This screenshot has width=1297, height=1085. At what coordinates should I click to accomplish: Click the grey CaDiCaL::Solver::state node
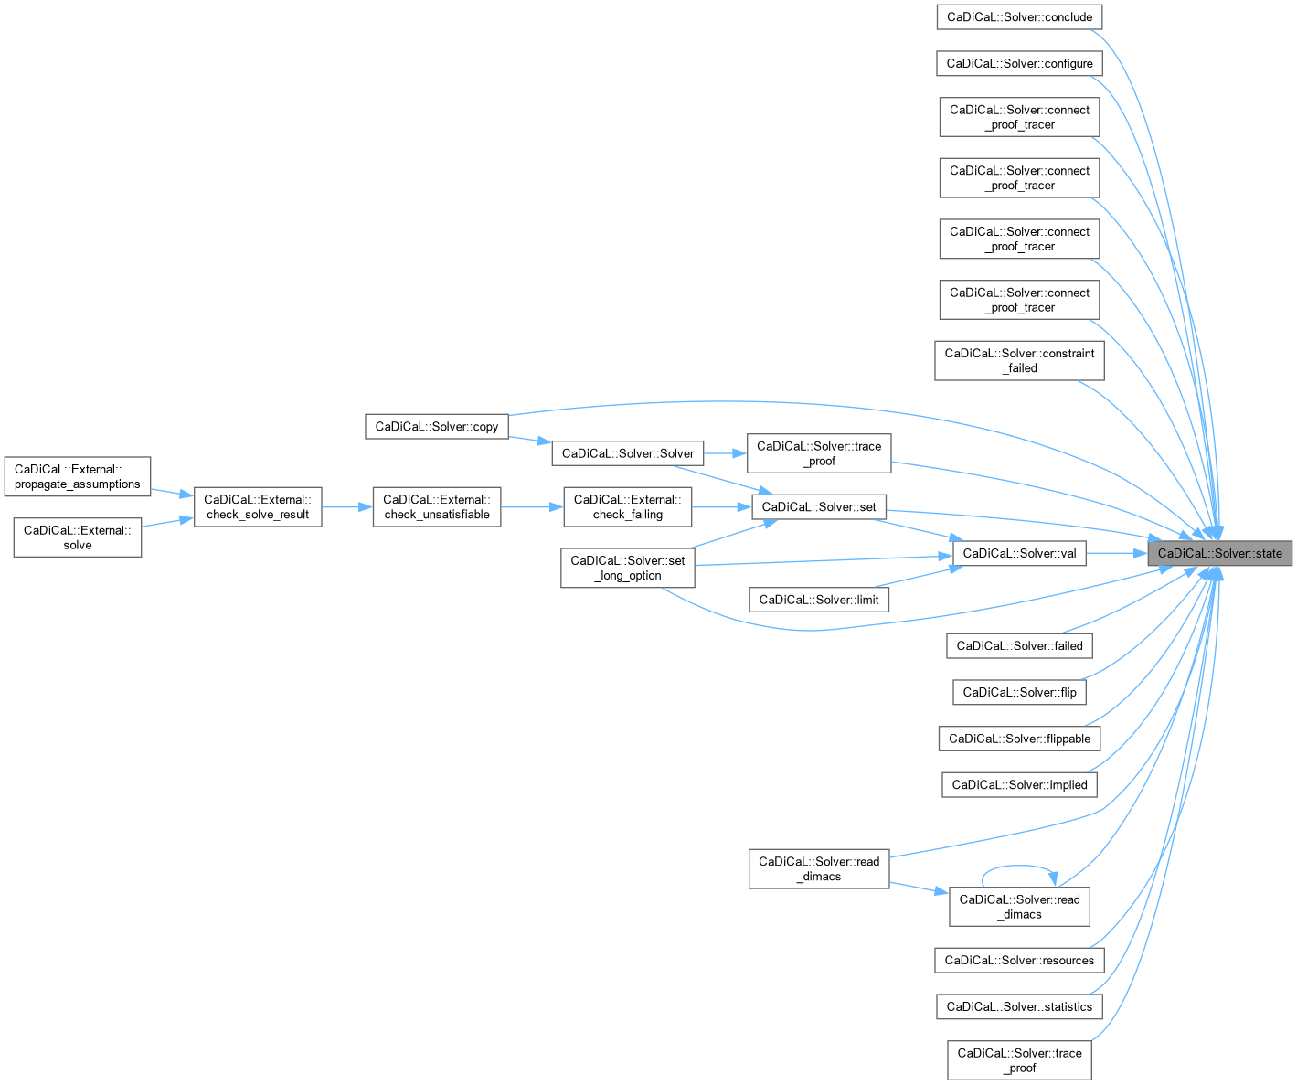pos(1220,553)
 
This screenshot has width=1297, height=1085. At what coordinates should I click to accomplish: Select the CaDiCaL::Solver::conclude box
pos(1019,17)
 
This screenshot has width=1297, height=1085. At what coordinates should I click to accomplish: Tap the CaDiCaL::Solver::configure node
pos(1019,63)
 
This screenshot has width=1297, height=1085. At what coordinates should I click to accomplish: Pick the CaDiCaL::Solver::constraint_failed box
pos(1019,360)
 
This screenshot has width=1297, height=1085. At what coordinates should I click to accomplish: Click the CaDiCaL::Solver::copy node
pos(437,426)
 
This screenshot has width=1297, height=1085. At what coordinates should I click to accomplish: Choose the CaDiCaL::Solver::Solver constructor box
pos(628,453)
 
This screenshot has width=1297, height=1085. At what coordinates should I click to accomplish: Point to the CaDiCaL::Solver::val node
pos(1019,553)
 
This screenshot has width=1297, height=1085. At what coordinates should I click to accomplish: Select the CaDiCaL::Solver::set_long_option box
pos(627,568)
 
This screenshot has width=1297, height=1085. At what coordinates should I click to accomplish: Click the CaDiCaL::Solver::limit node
pos(818,600)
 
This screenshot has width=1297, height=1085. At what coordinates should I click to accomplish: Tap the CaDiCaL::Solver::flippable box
pos(1019,739)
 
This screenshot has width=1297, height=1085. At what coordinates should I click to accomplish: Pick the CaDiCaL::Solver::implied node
pos(1019,784)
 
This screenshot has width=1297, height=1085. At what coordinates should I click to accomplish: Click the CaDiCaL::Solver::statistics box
pos(1019,1006)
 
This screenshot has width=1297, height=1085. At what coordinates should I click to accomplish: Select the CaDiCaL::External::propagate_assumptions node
pos(78,476)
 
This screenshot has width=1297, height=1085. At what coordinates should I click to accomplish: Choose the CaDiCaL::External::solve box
pos(78,537)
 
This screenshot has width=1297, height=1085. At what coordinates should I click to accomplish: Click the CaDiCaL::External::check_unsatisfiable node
pos(437,506)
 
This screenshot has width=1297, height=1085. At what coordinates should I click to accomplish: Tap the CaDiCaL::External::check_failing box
pos(627,506)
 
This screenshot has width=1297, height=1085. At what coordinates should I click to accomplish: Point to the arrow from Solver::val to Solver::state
pos(1117,553)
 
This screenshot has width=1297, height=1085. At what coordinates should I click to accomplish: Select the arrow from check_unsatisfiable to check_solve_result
pos(347,506)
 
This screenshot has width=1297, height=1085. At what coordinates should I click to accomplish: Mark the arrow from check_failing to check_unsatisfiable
pos(532,506)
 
